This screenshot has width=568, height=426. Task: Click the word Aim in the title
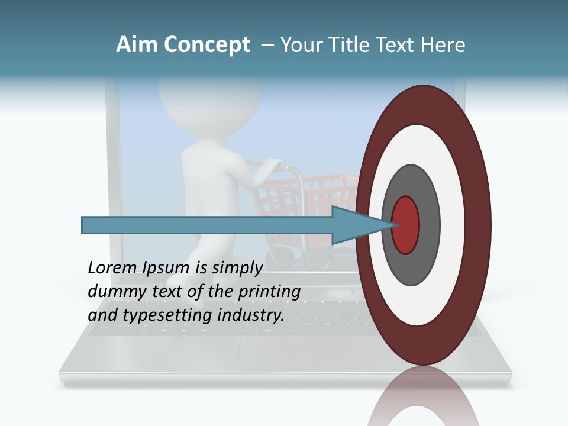point(137,45)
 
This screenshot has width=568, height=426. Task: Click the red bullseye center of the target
point(406,225)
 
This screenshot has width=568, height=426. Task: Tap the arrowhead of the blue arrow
point(361,225)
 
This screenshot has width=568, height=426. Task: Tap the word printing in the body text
point(270,292)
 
